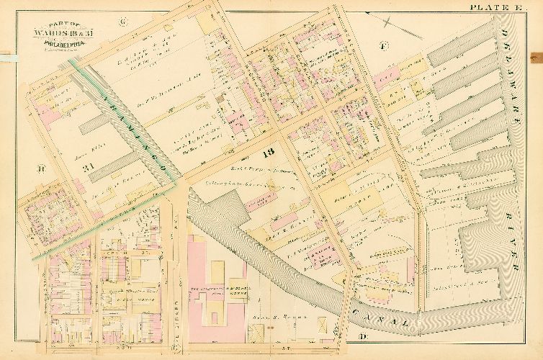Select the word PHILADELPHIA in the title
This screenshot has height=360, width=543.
(x=50, y=41)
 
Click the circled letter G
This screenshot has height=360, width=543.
(x=122, y=22)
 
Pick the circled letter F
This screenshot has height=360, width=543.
(x=384, y=47)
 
